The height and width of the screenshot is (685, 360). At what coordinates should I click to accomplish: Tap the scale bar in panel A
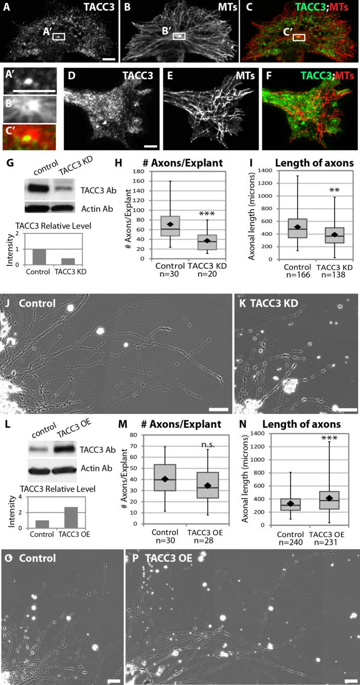[109, 59]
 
